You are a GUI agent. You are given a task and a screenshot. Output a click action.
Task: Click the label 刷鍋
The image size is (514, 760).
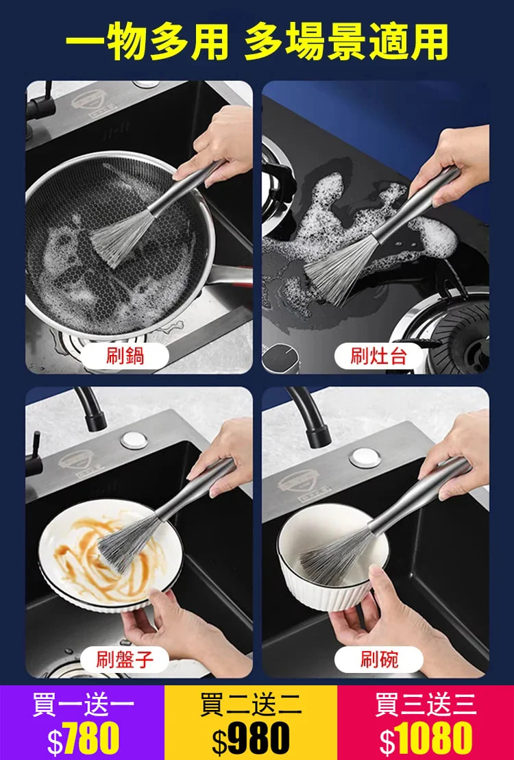125,356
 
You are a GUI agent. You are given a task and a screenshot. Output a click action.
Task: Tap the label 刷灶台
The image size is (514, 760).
379,356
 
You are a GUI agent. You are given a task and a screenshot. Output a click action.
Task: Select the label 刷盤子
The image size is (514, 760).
125,660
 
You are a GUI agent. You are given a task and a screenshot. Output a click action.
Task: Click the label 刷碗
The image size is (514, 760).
379,660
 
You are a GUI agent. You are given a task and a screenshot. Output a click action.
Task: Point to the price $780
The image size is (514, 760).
83,738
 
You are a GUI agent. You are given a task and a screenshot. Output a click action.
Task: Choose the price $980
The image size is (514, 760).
251,738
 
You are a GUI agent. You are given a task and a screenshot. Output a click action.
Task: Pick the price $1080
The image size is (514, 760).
426,738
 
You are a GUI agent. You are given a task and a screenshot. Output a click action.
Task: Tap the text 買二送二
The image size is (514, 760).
251,704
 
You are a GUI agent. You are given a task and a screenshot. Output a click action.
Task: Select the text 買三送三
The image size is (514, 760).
426,704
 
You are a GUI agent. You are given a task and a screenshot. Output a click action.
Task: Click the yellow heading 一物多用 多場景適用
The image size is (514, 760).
256,42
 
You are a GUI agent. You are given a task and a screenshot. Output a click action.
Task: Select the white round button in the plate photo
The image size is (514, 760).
134,440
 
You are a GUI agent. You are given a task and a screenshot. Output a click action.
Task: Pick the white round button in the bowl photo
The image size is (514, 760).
365,458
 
